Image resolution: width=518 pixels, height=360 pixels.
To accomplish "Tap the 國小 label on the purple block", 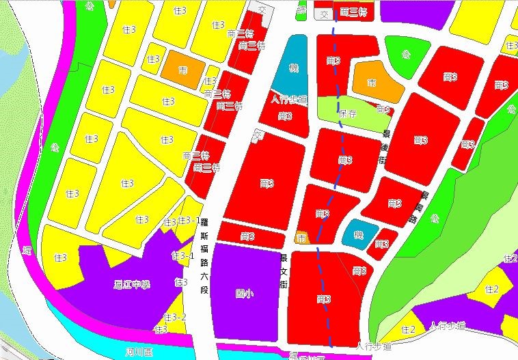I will [x=244, y=293].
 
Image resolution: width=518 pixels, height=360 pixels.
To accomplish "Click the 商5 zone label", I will [x=383, y=109].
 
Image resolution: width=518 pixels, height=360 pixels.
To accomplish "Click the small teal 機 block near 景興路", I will [x=359, y=234].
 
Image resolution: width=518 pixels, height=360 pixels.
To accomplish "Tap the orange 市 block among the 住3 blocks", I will [x=182, y=70].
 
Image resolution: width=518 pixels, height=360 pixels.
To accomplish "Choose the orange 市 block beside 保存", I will [x=371, y=83].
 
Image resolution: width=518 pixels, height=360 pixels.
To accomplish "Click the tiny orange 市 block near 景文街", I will [x=301, y=238].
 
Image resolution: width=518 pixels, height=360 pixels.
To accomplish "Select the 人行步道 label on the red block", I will [x=288, y=100].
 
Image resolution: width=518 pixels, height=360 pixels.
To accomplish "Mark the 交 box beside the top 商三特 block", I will [x=324, y=14].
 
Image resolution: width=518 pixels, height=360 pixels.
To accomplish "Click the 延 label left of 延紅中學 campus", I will [x=27, y=250].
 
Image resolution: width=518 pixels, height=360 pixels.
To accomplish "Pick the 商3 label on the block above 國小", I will [x=247, y=236].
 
